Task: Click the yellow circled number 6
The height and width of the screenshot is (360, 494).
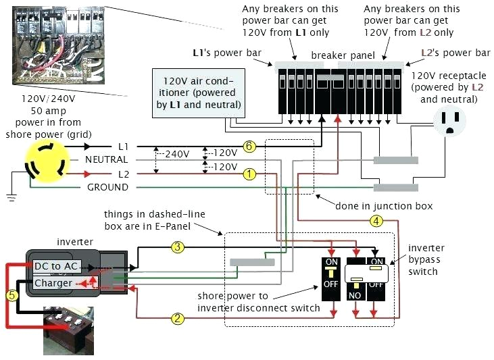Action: (250, 146)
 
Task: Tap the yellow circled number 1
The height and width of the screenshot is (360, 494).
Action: (250, 174)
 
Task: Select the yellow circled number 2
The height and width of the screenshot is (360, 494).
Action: (178, 318)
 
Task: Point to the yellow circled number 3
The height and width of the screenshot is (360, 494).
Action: (178, 247)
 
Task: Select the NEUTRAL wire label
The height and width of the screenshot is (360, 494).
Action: (106, 159)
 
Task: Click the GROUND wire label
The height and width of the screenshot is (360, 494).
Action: (107, 187)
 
